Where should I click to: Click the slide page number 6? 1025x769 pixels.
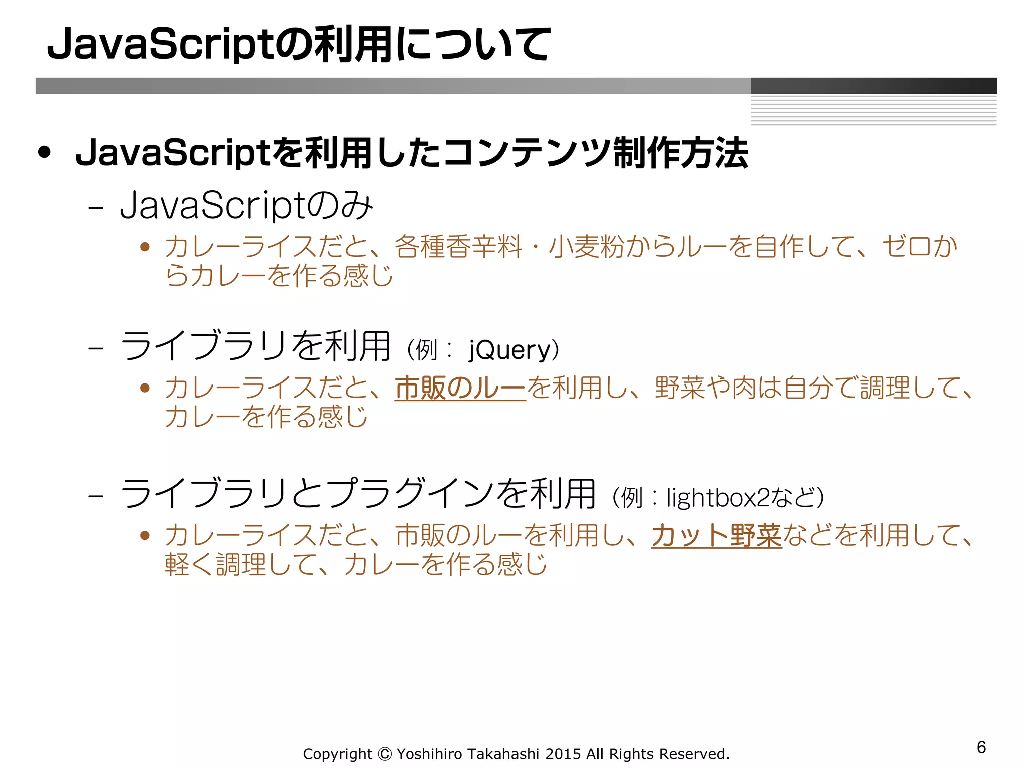tap(981, 747)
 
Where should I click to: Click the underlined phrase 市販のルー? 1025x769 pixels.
tap(460, 389)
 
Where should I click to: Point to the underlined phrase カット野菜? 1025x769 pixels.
tap(716, 535)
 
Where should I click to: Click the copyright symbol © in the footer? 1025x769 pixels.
tap(384, 754)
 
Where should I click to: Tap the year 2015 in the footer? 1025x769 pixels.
tap(563, 754)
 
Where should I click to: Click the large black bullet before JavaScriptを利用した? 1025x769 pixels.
tap(45, 153)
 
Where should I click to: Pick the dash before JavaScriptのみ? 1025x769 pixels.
tap(95, 207)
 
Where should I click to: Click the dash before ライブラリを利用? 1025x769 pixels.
tap(95, 348)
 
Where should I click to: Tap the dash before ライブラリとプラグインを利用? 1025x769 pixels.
tap(95, 496)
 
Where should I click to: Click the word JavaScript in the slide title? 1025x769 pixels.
tap(160, 45)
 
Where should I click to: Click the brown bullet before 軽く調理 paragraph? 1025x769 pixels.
tap(145, 536)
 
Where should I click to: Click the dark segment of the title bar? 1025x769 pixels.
tap(873, 86)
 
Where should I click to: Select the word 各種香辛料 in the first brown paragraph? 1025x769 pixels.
tap(458, 247)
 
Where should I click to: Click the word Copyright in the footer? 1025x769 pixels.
tap(338, 754)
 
